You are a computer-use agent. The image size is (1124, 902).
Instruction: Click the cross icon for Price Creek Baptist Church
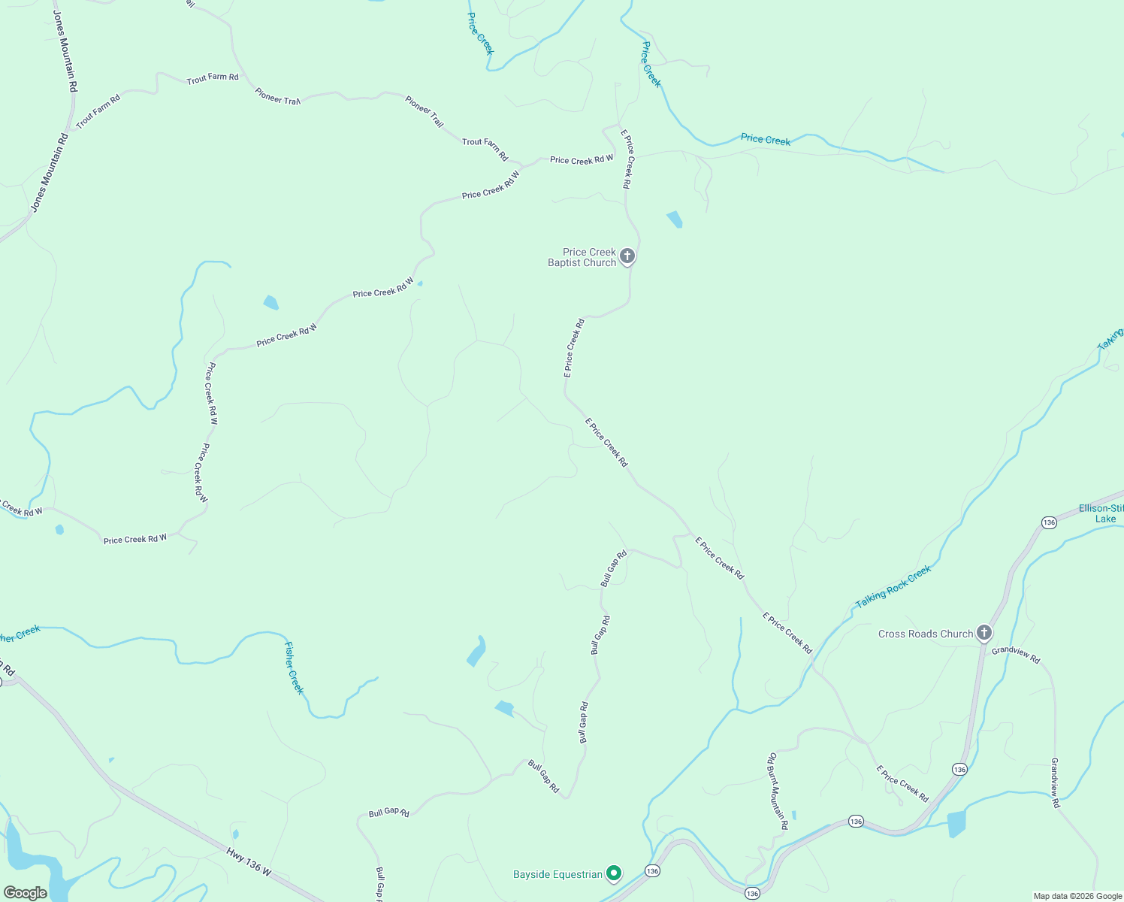coord(627,256)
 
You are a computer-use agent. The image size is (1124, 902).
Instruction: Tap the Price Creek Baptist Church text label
coord(582,257)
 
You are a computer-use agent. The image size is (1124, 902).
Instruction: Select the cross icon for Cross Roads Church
coord(984,633)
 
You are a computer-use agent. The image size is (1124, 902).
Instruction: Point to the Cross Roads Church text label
coord(926,634)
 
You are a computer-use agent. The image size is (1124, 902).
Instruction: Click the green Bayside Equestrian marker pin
coord(614,873)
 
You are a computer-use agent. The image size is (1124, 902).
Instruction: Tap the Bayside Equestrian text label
coord(557,874)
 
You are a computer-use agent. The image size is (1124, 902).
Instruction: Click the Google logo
coord(26,893)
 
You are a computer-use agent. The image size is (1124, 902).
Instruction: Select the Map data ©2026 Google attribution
coord(1077,896)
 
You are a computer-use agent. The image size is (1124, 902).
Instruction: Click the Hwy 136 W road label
coord(249,861)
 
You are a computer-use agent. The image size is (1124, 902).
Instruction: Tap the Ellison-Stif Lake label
coord(1101,513)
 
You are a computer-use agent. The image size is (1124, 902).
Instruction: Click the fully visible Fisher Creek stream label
coord(295,667)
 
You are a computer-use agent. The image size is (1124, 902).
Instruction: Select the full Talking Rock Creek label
coord(893,587)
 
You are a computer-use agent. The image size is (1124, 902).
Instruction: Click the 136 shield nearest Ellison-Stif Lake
coord(1049,522)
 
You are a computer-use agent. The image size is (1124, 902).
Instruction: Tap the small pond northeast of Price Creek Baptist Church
coord(675,219)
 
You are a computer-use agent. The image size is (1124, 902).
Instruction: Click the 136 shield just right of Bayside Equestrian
coord(651,870)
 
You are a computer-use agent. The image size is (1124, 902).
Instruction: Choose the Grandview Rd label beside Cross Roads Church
coord(1016,655)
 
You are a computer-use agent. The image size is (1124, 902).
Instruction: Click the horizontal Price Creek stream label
coord(765,139)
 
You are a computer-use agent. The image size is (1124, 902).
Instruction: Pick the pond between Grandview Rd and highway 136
coord(956,824)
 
